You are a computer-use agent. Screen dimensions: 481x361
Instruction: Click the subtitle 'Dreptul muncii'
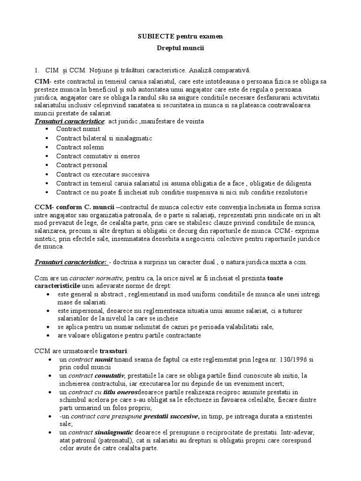point(180,48)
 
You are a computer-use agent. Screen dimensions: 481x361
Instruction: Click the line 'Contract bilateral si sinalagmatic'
point(104,138)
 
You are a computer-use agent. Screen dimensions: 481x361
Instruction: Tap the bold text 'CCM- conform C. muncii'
point(74,207)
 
